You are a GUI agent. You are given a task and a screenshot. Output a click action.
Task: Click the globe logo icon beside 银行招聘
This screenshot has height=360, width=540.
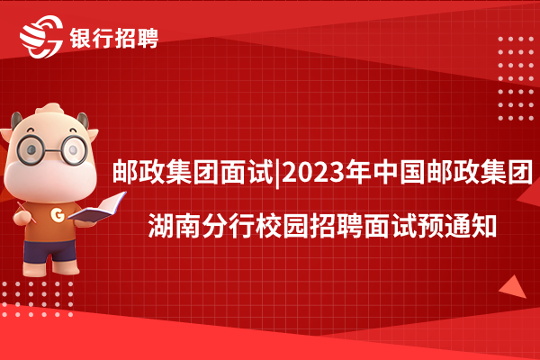click(x=41, y=37)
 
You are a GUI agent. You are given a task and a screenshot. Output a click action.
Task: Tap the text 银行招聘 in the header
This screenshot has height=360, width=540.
click(x=114, y=38)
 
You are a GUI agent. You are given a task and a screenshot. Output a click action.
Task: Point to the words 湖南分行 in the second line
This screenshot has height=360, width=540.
click(x=201, y=226)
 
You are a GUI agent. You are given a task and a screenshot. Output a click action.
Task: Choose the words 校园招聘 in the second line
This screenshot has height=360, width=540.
click(x=309, y=226)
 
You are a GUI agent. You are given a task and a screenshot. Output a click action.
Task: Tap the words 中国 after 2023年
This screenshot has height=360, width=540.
click(x=399, y=172)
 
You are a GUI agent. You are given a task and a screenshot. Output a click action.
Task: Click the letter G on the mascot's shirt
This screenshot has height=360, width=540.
click(x=58, y=214)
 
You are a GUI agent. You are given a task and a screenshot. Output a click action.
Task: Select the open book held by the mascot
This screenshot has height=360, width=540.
click(x=97, y=207)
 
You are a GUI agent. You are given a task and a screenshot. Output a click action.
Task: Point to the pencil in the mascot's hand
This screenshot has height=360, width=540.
click(x=26, y=212)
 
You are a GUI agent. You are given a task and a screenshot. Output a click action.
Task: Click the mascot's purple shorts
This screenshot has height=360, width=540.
click(x=49, y=251)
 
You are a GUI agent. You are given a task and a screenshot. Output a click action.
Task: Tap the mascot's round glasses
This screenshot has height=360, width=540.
click(x=52, y=149)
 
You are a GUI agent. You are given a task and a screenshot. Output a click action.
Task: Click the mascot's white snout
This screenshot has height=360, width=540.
click(x=50, y=179)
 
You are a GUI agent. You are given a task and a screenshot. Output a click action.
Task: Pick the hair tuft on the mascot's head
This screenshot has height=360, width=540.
click(x=50, y=109)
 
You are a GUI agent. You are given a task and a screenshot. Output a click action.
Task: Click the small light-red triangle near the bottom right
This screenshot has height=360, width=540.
click(x=514, y=287)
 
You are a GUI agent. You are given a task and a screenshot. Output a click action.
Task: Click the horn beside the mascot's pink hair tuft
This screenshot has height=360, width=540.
click(x=83, y=121)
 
